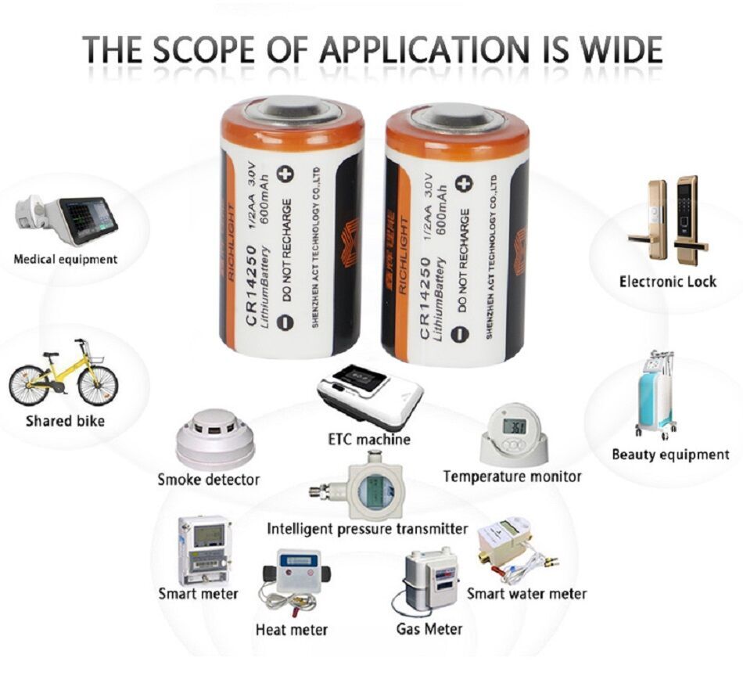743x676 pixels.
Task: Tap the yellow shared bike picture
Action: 63,373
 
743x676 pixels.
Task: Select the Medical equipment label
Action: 66,259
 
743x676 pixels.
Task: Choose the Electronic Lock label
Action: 667,282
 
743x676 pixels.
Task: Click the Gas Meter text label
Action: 429,628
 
